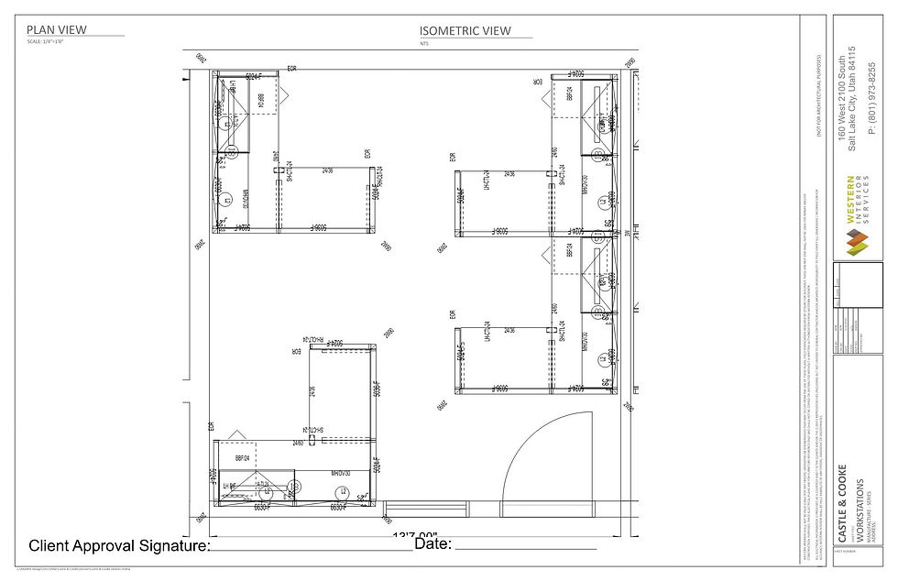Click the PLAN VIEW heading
57,29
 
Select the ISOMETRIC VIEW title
465,30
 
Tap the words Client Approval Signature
119,546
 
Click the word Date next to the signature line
433,544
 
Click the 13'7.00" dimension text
414,536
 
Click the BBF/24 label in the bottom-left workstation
243,457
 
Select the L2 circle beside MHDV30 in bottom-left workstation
343,491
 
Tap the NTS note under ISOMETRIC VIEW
424,43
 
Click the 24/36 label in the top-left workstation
327,170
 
